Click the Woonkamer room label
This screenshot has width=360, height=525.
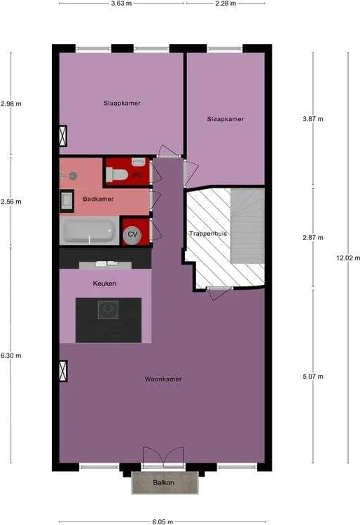pos(163,379)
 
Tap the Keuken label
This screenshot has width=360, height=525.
pos(104,283)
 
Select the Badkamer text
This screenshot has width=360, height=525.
pos(98,199)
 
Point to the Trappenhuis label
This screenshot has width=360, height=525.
pos(208,233)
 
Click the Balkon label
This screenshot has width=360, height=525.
pos(163,482)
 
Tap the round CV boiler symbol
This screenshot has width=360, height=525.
pos(132,234)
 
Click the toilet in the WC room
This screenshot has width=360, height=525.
pos(117,175)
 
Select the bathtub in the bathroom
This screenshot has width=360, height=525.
pos(90,230)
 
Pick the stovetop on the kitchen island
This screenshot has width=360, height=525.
pos(108,309)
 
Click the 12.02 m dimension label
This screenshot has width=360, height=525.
pos(348,258)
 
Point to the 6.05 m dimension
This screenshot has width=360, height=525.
pos(162,521)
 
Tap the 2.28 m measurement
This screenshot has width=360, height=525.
pos(226,3)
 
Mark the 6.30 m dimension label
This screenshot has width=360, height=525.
pos(11,355)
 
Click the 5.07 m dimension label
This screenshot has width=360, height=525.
pos(313,377)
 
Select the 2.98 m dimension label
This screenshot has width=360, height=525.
pos(11,104)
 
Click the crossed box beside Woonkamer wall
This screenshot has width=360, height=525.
pos(63,371)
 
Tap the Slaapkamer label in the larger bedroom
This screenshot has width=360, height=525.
pos(122,103)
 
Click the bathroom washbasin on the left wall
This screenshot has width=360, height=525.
pos(67,201)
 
